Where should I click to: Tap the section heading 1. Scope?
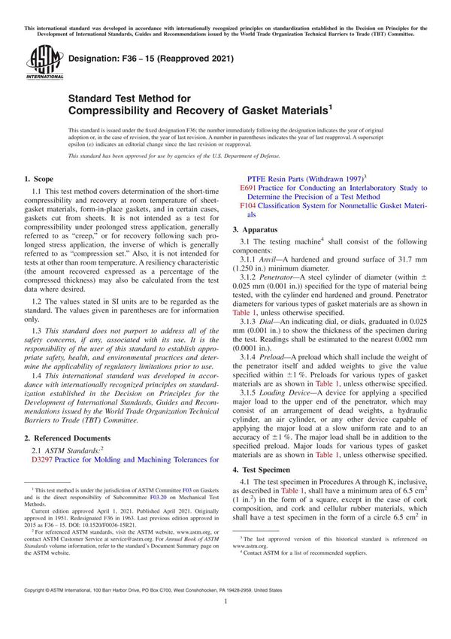[x=38, y=179]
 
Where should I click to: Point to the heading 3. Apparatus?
[x=257, y=228]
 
